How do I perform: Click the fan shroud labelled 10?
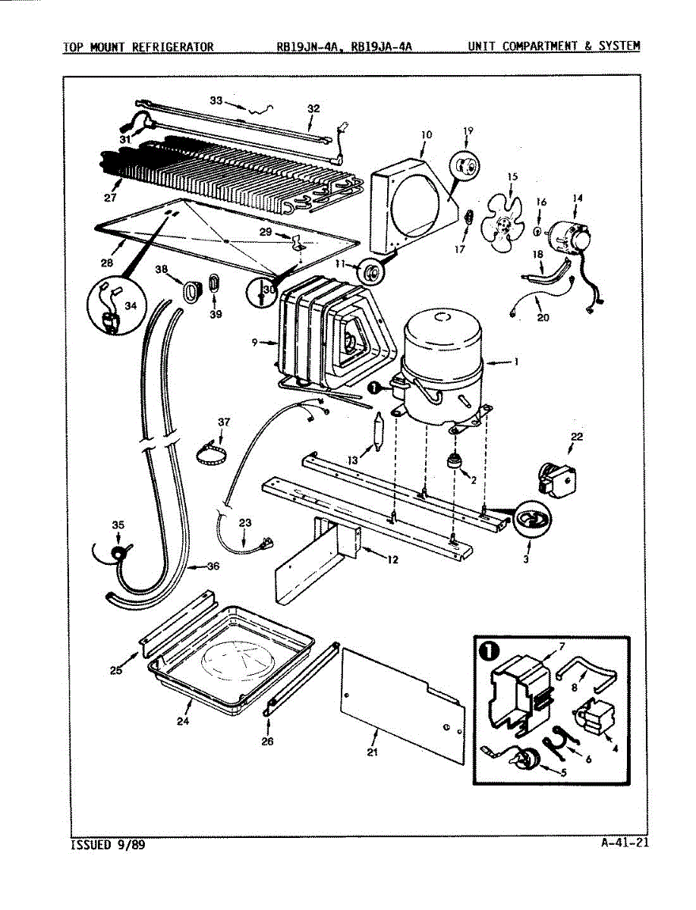click(x=410, y=197)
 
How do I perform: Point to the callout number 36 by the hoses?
click(x=213, y=566)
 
